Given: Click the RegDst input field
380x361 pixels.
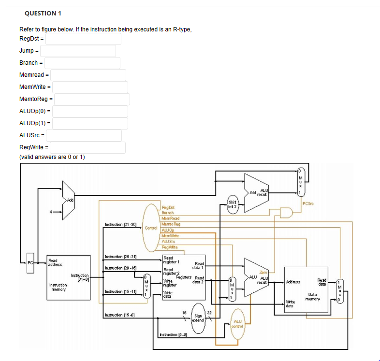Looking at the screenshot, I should point(83,39).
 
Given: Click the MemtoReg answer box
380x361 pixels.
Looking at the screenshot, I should point(92,99).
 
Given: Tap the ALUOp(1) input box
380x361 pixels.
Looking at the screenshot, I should point(90,123).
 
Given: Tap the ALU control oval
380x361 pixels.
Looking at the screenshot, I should point(237,323).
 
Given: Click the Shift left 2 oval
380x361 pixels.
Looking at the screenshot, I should point(233,203).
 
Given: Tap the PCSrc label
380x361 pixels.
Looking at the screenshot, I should point(309,203).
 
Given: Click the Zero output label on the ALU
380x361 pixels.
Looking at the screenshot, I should point(263,273).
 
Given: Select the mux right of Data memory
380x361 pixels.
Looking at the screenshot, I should point(340,290).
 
